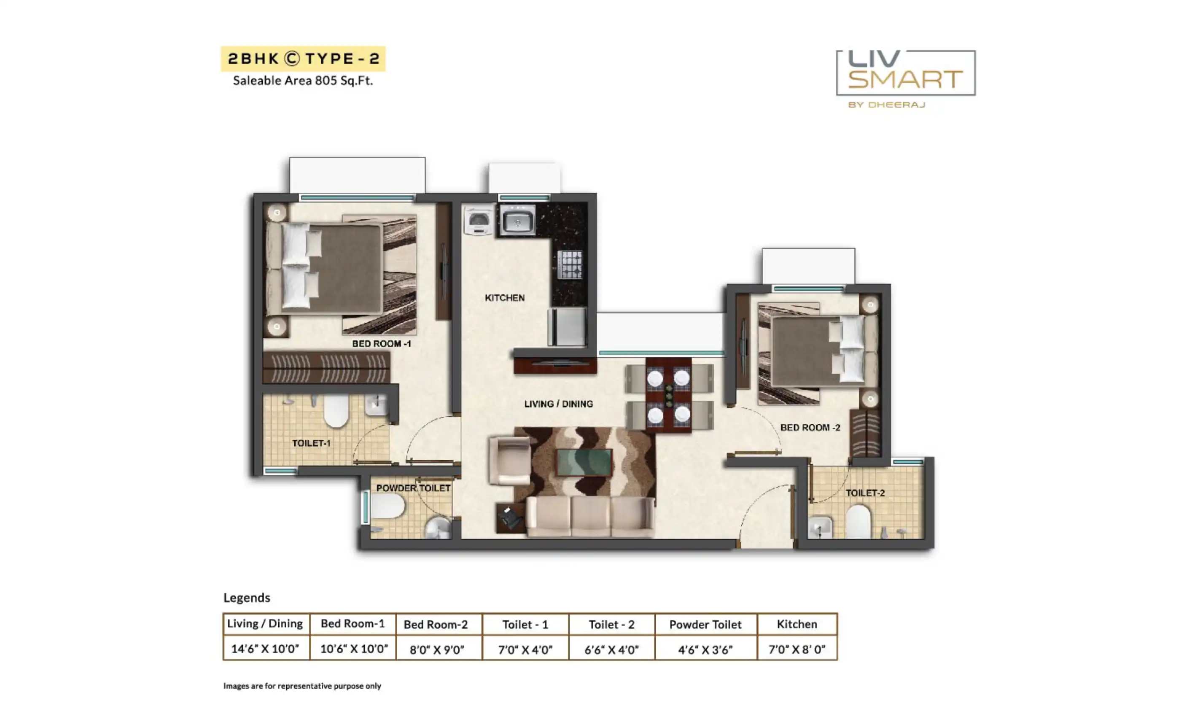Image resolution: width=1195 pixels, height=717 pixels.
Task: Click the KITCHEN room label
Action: pos(504,298)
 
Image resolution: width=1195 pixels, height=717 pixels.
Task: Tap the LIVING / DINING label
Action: pos(558,404)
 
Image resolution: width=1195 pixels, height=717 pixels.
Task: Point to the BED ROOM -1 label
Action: pos(381,343)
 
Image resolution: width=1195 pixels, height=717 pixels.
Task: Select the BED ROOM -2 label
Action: pos(810,428)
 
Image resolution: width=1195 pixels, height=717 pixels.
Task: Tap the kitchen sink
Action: pos(517,220)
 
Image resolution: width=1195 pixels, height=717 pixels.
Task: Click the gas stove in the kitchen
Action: pos(570,264)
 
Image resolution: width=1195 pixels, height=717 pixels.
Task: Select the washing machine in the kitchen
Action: pos(479,220)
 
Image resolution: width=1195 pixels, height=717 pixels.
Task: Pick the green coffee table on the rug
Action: pos(584,462)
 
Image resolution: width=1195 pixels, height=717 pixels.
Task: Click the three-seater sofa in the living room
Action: pos(590,517)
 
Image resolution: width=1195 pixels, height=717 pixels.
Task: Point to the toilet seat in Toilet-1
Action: pos(336,411)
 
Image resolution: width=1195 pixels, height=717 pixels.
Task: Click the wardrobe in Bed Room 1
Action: pos(326,368)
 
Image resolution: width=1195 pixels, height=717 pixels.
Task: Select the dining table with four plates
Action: pos(668,395)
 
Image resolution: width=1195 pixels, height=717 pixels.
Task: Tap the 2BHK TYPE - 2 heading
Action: pos(303,59)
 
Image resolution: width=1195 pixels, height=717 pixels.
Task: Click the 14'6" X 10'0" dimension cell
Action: pos(265,648)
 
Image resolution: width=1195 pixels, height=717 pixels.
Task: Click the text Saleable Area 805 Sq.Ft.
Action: pos(303,80)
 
